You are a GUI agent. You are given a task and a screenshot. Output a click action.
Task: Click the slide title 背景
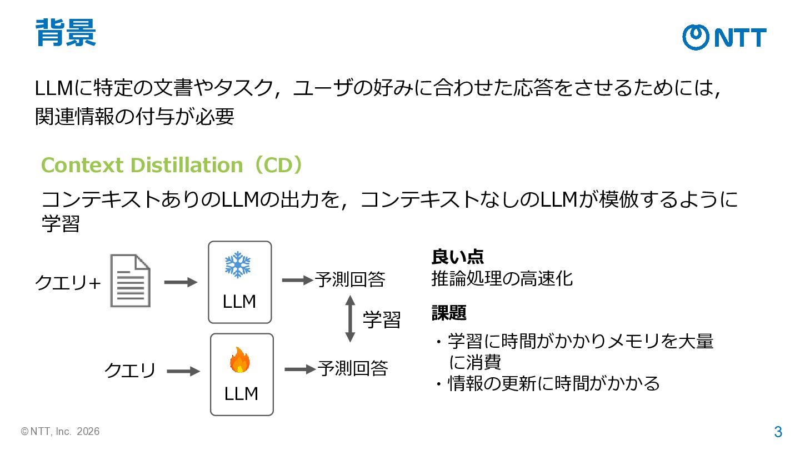pos(66,32)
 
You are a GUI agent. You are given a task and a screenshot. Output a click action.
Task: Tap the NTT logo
pos(724,38)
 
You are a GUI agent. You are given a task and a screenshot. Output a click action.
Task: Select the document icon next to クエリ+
pos(131,281)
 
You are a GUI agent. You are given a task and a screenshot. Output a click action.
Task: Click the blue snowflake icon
pos(238,264)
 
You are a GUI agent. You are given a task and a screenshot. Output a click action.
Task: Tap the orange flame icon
pos(239,360)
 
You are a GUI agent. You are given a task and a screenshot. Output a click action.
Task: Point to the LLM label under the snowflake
pos(239,302)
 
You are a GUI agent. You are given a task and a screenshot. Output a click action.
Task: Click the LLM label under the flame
pos(241,394)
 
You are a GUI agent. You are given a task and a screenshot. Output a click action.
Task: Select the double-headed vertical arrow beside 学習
pos(350,319)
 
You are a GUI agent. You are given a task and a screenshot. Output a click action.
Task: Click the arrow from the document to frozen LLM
pos(181,282)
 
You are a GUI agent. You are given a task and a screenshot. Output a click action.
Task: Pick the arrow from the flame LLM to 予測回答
pos(301,369)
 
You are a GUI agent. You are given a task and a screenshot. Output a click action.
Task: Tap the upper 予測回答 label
pos(350,279)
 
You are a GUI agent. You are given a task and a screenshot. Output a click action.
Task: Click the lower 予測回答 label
pos(353,368)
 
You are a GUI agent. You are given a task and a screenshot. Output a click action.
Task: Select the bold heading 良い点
pos(458,257)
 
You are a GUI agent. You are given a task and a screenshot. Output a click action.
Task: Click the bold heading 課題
pos(449,313)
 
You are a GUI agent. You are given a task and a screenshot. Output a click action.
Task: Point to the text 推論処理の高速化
pos(502,279)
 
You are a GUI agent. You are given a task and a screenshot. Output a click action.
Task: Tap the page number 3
pos(778,432)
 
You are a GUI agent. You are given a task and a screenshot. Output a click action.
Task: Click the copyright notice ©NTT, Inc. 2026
pos(60,432)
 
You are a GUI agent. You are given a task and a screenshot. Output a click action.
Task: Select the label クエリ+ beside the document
pos(68,283)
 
